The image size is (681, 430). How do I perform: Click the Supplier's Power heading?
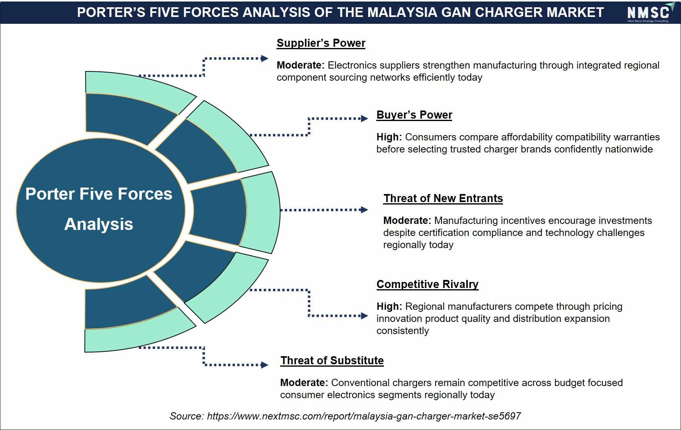point(321,43)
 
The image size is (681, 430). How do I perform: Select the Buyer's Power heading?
point(414,115)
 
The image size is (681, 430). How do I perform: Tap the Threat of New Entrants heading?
point(443,198)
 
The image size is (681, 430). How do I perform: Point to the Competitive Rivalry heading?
point(427,284)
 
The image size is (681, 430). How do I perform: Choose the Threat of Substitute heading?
point(332,360)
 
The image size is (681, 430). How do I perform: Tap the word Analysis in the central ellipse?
point(99,224)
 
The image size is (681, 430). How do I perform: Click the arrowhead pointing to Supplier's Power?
point(264,58)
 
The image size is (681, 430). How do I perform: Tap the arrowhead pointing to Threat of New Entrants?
point(364,210)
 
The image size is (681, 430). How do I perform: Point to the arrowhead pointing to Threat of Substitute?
point(264,365)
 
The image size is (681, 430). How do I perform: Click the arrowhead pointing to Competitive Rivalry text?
point(364,316)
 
